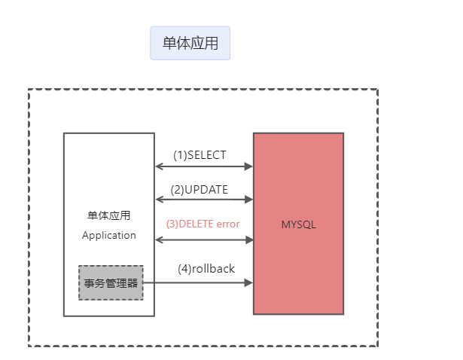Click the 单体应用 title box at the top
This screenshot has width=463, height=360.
click(190, 43)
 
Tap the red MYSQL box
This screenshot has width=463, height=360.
click(298, 256)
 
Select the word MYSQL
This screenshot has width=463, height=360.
click(298, 224)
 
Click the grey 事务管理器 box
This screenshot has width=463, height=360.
click(111, 283)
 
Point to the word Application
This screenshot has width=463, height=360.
click(109, 235)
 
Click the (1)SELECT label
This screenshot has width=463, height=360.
click(200, 155)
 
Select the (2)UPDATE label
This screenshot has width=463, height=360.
click(200, 190)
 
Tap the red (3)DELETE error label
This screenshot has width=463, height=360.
click(203, 224)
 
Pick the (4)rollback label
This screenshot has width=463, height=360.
click(206, 268)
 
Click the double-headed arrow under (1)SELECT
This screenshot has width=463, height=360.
click(203, 166)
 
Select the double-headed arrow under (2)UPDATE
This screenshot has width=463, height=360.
click(203, 200)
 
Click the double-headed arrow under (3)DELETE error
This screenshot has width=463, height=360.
click(203, 239)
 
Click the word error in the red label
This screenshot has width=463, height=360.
click(227, 224)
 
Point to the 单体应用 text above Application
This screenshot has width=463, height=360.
click(109, 215)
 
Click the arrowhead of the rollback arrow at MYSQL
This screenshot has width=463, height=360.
click(248, 283)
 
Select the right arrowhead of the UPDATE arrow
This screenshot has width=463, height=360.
click(248, 200)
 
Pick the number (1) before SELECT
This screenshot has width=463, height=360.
click(179, 155)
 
